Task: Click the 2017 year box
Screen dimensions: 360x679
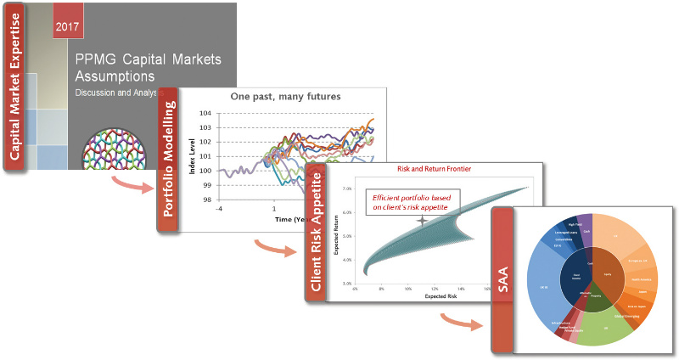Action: point(67,26)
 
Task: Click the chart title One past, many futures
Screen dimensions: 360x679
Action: point(286,96)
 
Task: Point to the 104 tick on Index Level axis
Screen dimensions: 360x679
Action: point(205,113)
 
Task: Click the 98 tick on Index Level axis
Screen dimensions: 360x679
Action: point(205,200)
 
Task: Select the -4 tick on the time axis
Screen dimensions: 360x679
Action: point(219,208)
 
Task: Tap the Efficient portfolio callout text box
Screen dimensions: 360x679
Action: point(412,203)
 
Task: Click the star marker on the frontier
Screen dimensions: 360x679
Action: point(422,222)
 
